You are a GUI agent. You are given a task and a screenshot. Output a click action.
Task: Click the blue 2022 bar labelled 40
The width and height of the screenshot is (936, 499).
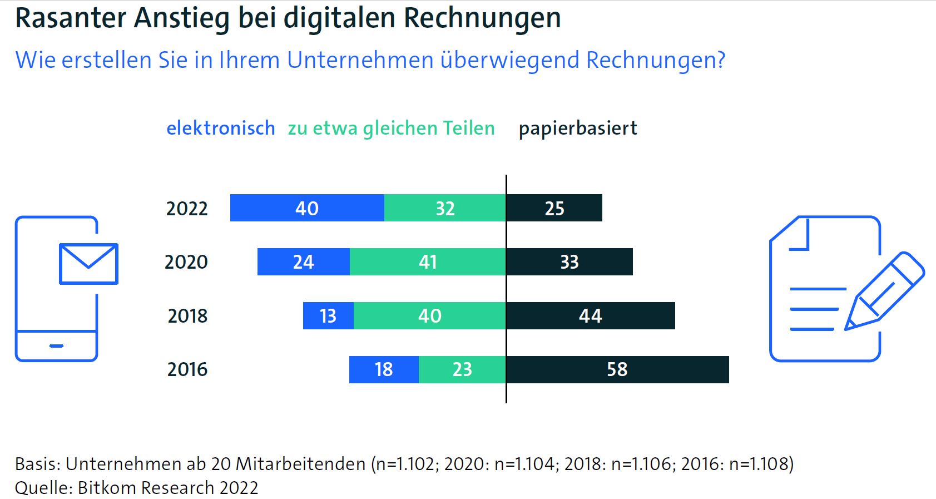[x=307, y=208]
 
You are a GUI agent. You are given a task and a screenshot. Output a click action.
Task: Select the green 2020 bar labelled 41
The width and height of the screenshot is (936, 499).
[x=428, y=262]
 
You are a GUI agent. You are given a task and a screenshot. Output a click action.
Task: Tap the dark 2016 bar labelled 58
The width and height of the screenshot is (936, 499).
[x=617, y=369]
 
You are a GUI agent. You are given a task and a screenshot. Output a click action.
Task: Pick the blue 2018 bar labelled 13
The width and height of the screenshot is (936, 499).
[x=328, y=316]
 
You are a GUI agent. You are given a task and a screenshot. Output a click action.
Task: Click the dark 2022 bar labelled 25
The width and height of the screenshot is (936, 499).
[x=554, y=208]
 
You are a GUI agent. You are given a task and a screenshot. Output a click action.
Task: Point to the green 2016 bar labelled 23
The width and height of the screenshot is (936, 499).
[x=462, y=369]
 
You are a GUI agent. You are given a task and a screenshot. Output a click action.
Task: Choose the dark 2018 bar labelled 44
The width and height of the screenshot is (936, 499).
[x=591, y=316]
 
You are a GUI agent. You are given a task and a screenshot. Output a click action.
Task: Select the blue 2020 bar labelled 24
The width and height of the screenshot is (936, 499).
[x=304, y=262]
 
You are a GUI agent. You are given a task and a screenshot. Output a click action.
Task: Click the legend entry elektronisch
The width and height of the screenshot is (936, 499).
[x=221, y=129]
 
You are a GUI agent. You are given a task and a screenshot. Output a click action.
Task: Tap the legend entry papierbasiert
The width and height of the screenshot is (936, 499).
[x=578, y=129]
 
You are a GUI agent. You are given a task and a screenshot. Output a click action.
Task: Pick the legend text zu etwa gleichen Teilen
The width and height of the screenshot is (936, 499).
[x=391, y=129]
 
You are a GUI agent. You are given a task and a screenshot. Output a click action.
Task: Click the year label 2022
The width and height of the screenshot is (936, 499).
[x=187, y=209]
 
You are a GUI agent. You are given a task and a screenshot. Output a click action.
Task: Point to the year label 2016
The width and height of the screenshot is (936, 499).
[x=187, y=369]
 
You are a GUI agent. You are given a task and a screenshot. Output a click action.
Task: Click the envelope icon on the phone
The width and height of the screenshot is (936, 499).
[x=88, y=264]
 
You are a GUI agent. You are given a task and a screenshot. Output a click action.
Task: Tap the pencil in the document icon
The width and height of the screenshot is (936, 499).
[x=884, y=291]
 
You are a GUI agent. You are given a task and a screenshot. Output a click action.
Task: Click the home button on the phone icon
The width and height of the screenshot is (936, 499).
[x=56, y=346]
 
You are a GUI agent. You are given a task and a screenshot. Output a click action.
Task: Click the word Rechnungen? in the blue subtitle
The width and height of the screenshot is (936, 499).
[x=656, y=60]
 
